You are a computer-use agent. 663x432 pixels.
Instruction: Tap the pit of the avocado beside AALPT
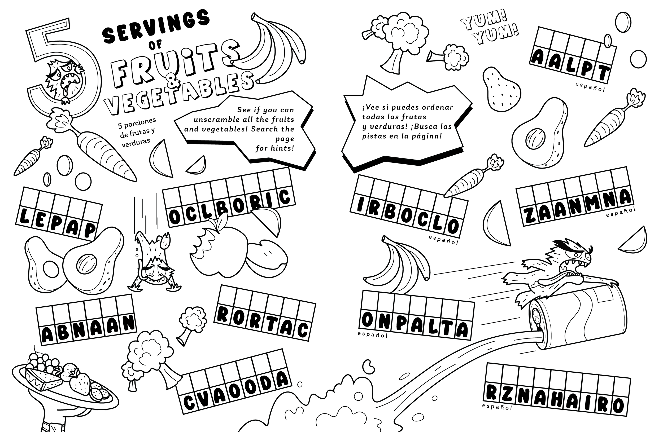[x=535, y=138]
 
